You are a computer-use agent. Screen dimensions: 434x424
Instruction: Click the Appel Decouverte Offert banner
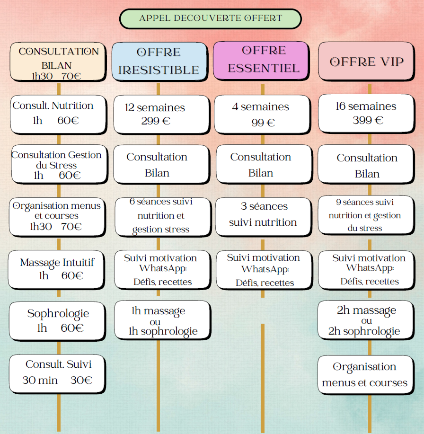(x=210, y=18)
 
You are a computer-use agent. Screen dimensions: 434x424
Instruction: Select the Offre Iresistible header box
(x=159, y=62)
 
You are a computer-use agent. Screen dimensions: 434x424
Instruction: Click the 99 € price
(x=263, y=123)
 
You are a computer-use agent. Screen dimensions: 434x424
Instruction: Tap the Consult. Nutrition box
(x=57, y=114)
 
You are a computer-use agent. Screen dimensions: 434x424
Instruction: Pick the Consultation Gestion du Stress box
(x=57, y=165)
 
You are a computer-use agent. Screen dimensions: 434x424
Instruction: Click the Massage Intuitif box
(x=57, y=269)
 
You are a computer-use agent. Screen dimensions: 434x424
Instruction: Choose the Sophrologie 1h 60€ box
(x=57, y=320)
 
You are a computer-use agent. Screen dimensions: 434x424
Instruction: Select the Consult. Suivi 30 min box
(x=57, y=373)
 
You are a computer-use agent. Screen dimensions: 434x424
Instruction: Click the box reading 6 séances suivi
(x=161, y=216)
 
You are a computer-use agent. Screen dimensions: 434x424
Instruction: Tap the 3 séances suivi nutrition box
(x=263, y=215)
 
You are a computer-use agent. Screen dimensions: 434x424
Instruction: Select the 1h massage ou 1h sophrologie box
(x=162, y=321)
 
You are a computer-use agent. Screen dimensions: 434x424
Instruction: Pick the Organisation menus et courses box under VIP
(x=365, y=374)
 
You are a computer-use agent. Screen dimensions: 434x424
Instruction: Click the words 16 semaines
(x=366, y=106)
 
